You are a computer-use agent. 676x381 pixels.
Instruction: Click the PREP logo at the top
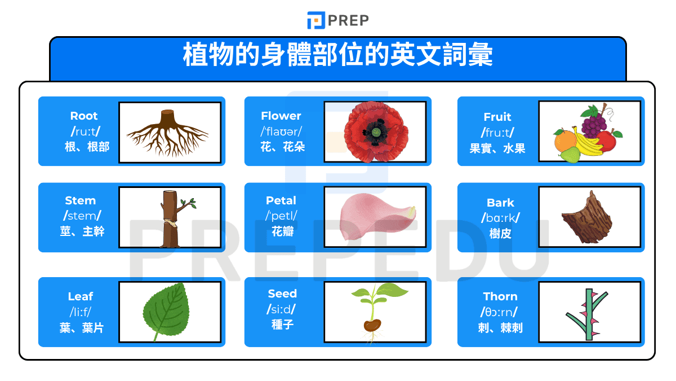(x=338, y=20)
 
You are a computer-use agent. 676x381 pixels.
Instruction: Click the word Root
(x=84, y=116)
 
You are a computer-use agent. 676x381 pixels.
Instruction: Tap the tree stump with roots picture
(x=168, y=133)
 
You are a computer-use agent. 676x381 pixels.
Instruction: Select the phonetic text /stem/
(x=81, y=215)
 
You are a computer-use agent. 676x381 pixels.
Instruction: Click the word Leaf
(x=81, y=296)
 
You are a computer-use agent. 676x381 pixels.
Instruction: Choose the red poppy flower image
(x=375, y=132)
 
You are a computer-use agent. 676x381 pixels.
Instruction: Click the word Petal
(x=281, y=200)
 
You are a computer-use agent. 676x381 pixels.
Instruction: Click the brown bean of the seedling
(x=371, y=326)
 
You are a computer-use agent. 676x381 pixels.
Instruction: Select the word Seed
(x=282, y=294)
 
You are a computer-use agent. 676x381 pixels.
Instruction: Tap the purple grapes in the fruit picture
(x=593, y=122)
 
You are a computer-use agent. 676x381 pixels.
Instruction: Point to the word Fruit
(x=497, y=117)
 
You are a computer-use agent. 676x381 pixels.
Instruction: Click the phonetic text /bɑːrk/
(x=500, y=217)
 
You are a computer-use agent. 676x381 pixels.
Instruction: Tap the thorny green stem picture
(x=588, y=313)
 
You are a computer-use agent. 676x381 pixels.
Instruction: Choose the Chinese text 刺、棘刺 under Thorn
(x=500, y=328)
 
